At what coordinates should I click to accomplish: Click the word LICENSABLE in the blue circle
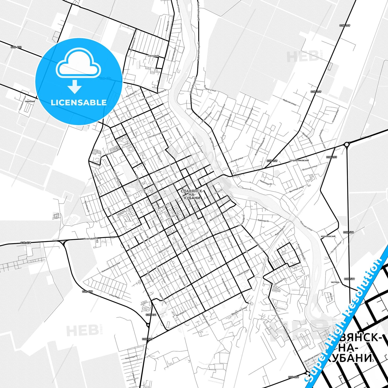tap(79, 103)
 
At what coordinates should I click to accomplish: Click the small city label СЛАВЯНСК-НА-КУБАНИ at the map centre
tap(192, 194)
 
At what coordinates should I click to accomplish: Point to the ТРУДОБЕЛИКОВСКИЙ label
tap(299, 160)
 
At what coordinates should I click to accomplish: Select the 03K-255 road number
tap(331, 157)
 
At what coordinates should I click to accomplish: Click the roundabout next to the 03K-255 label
tap(347, 145)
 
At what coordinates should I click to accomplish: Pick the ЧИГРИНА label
tap(335, 282)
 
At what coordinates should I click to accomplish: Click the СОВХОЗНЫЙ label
tap(153, 56)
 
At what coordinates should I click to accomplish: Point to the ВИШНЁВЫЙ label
tap(30, 102)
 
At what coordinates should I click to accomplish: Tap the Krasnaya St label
tap(90, 238)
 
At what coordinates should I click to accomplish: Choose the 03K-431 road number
tap(151, 315)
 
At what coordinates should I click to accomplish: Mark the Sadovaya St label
tap(263, 220)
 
